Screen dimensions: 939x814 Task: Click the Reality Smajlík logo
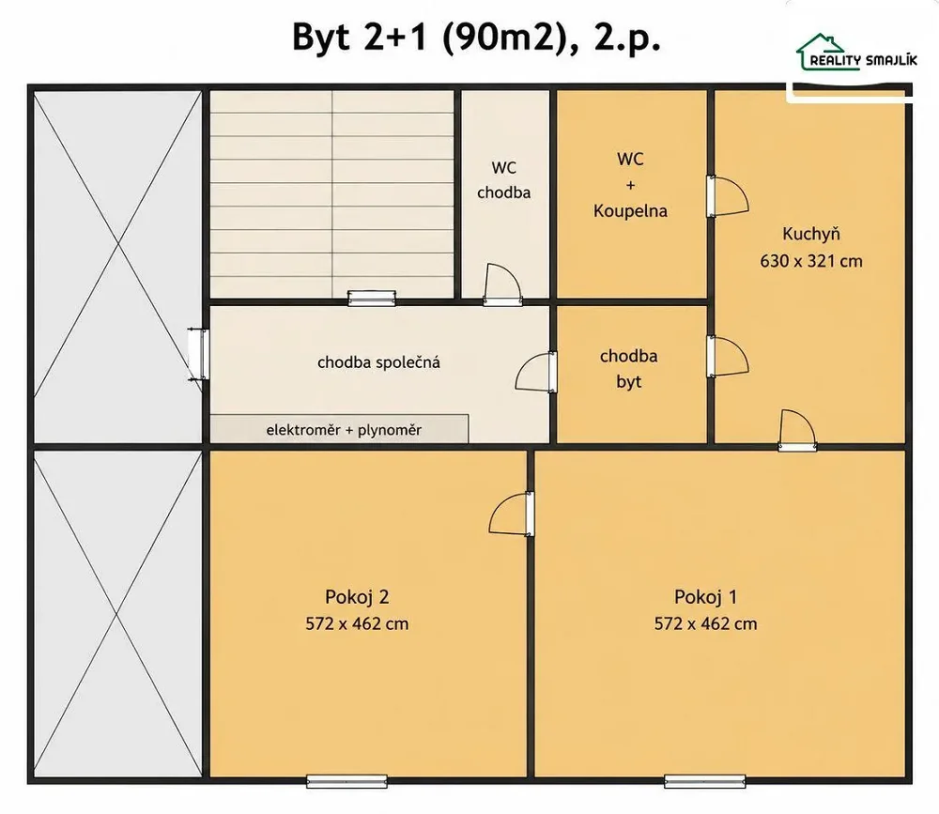(855, 53)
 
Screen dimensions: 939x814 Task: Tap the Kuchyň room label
(811, 233)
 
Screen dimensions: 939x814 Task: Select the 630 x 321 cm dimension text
(811, 261)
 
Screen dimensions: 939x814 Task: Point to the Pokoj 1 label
(705, 596)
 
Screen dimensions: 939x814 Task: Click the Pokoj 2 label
(357, 596)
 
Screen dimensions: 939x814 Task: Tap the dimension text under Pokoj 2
(357, 623)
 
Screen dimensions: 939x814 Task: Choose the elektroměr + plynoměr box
(339, 429)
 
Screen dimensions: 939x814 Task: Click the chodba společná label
(378, 362)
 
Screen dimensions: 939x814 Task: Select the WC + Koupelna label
(631, 184)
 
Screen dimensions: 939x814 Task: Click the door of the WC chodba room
(502, 284)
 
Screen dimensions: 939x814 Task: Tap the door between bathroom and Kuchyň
(727, 196)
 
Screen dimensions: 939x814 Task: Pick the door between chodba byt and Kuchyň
(727, 357)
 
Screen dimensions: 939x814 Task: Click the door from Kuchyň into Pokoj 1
(797, 430)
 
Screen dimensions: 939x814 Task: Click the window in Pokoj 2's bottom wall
(346, 781)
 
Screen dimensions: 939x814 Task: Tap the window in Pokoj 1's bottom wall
(705, 781)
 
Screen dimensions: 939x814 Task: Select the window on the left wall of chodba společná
(199, 354)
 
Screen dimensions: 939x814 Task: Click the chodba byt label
(629, 368)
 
